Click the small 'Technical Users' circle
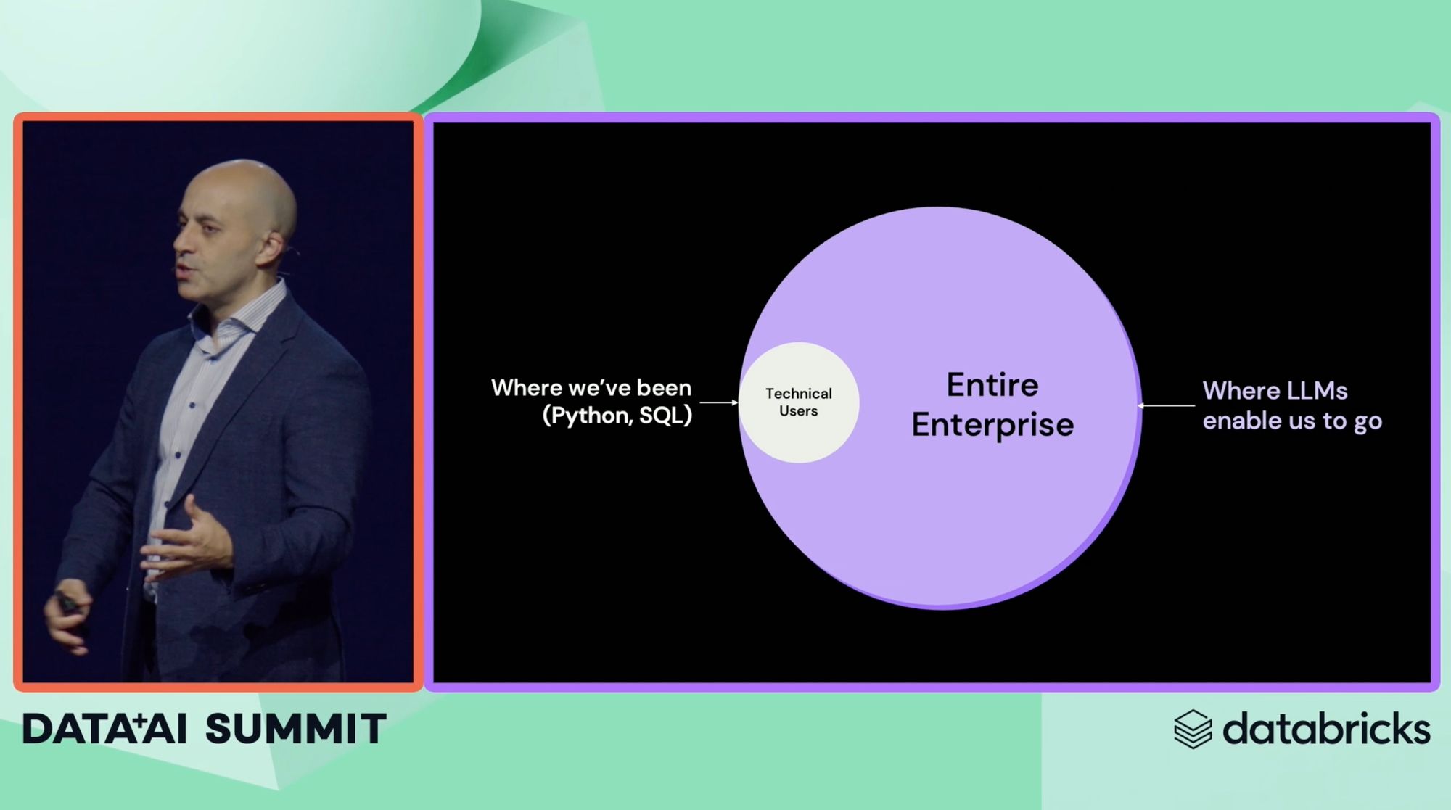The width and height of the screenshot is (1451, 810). [799, 402]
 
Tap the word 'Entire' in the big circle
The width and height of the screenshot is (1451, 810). [992, 385]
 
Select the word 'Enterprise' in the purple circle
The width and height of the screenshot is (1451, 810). [992, 426]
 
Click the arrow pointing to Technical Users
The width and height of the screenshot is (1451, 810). [719, 402]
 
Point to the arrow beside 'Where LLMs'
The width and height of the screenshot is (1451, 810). [1166, 405]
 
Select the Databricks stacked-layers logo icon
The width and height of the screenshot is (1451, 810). [1193, 729]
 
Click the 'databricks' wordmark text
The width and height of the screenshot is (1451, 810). [1326, 728]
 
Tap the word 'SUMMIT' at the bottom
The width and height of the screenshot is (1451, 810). [296, 729]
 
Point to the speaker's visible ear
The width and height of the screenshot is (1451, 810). [271, 247]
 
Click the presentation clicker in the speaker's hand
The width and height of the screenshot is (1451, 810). [67, 601]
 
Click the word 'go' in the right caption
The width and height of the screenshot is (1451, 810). [1368, 422]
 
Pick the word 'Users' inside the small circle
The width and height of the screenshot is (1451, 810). [798, 411]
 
